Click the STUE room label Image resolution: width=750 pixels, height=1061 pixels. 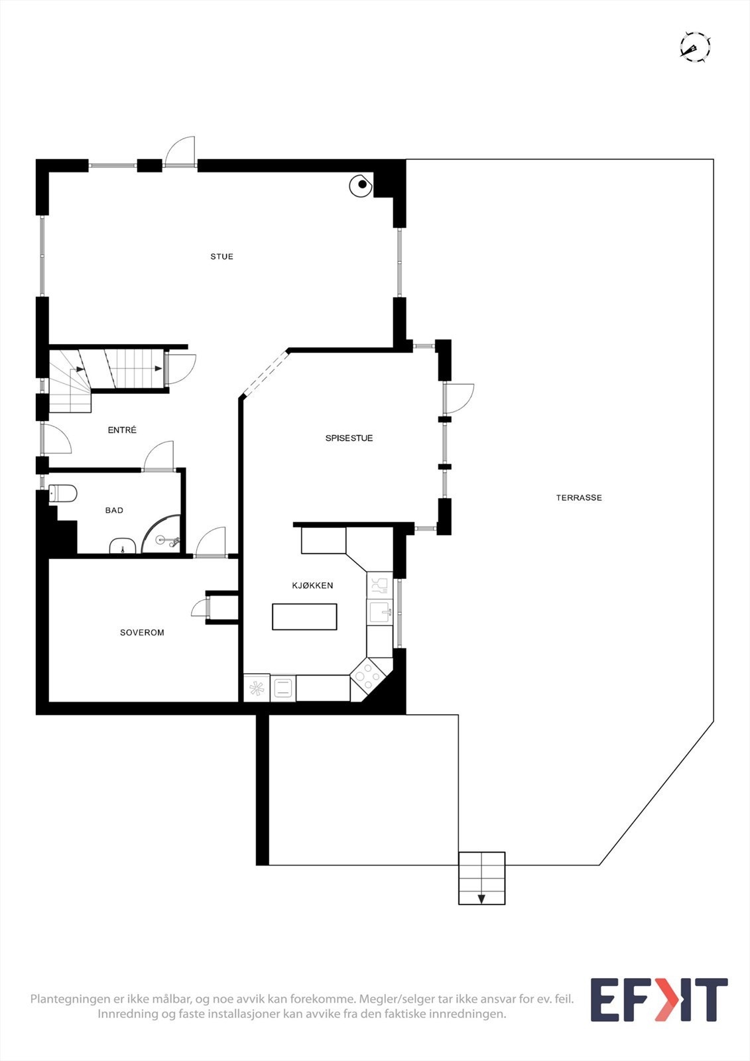click(x=221, y=257)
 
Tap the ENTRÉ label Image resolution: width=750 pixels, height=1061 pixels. click(x=122, y=430)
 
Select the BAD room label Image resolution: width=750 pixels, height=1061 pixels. click(x=114, y=511)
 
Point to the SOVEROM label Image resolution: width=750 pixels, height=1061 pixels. click(x=142, y=633)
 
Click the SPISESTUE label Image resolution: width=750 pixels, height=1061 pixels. click(x=349, y=438)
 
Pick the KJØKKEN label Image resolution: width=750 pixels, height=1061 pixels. click(x=312, y=586)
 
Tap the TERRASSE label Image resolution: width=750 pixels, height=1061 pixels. click(x=579, y=498)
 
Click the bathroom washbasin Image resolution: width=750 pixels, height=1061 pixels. click(x=123, y=546)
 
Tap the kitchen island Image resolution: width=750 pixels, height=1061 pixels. click(x=304, y=617)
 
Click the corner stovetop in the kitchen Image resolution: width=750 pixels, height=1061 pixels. click(x=368, y=676)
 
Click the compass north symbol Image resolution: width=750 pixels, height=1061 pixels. click(x=695, y=47)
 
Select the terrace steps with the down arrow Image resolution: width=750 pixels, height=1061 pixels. click(x=481, y=878)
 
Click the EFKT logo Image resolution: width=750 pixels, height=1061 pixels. click(x=658, y=1000)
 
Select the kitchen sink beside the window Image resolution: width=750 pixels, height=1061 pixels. click(x=380, y=611)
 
